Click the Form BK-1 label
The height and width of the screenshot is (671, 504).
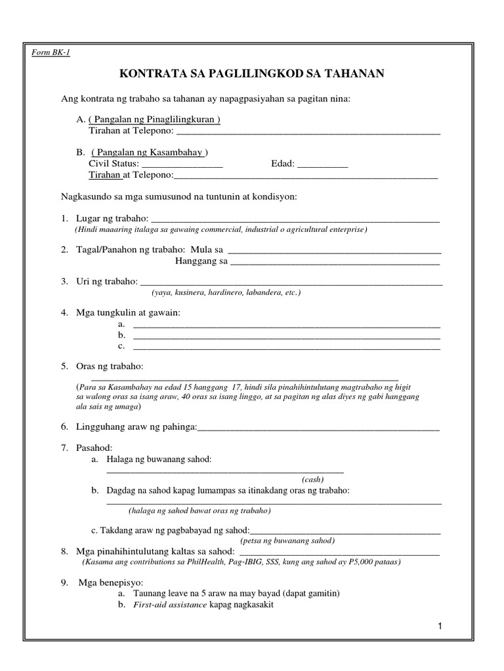click(51, 52)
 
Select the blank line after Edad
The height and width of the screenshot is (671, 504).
click(322, 164)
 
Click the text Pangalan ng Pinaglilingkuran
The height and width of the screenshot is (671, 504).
click(154, 120)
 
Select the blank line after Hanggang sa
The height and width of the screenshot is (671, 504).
click(335, 263)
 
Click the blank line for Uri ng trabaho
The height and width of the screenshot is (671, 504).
click(291, 282)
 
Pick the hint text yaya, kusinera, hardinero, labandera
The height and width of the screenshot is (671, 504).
click(225, 293)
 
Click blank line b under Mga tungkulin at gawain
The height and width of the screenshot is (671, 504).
click(286, 336)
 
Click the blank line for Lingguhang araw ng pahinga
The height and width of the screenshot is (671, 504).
click(318, 428)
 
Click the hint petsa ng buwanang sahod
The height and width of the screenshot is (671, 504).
click(287, 541)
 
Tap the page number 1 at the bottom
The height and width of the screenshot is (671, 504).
click(441, 627)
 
